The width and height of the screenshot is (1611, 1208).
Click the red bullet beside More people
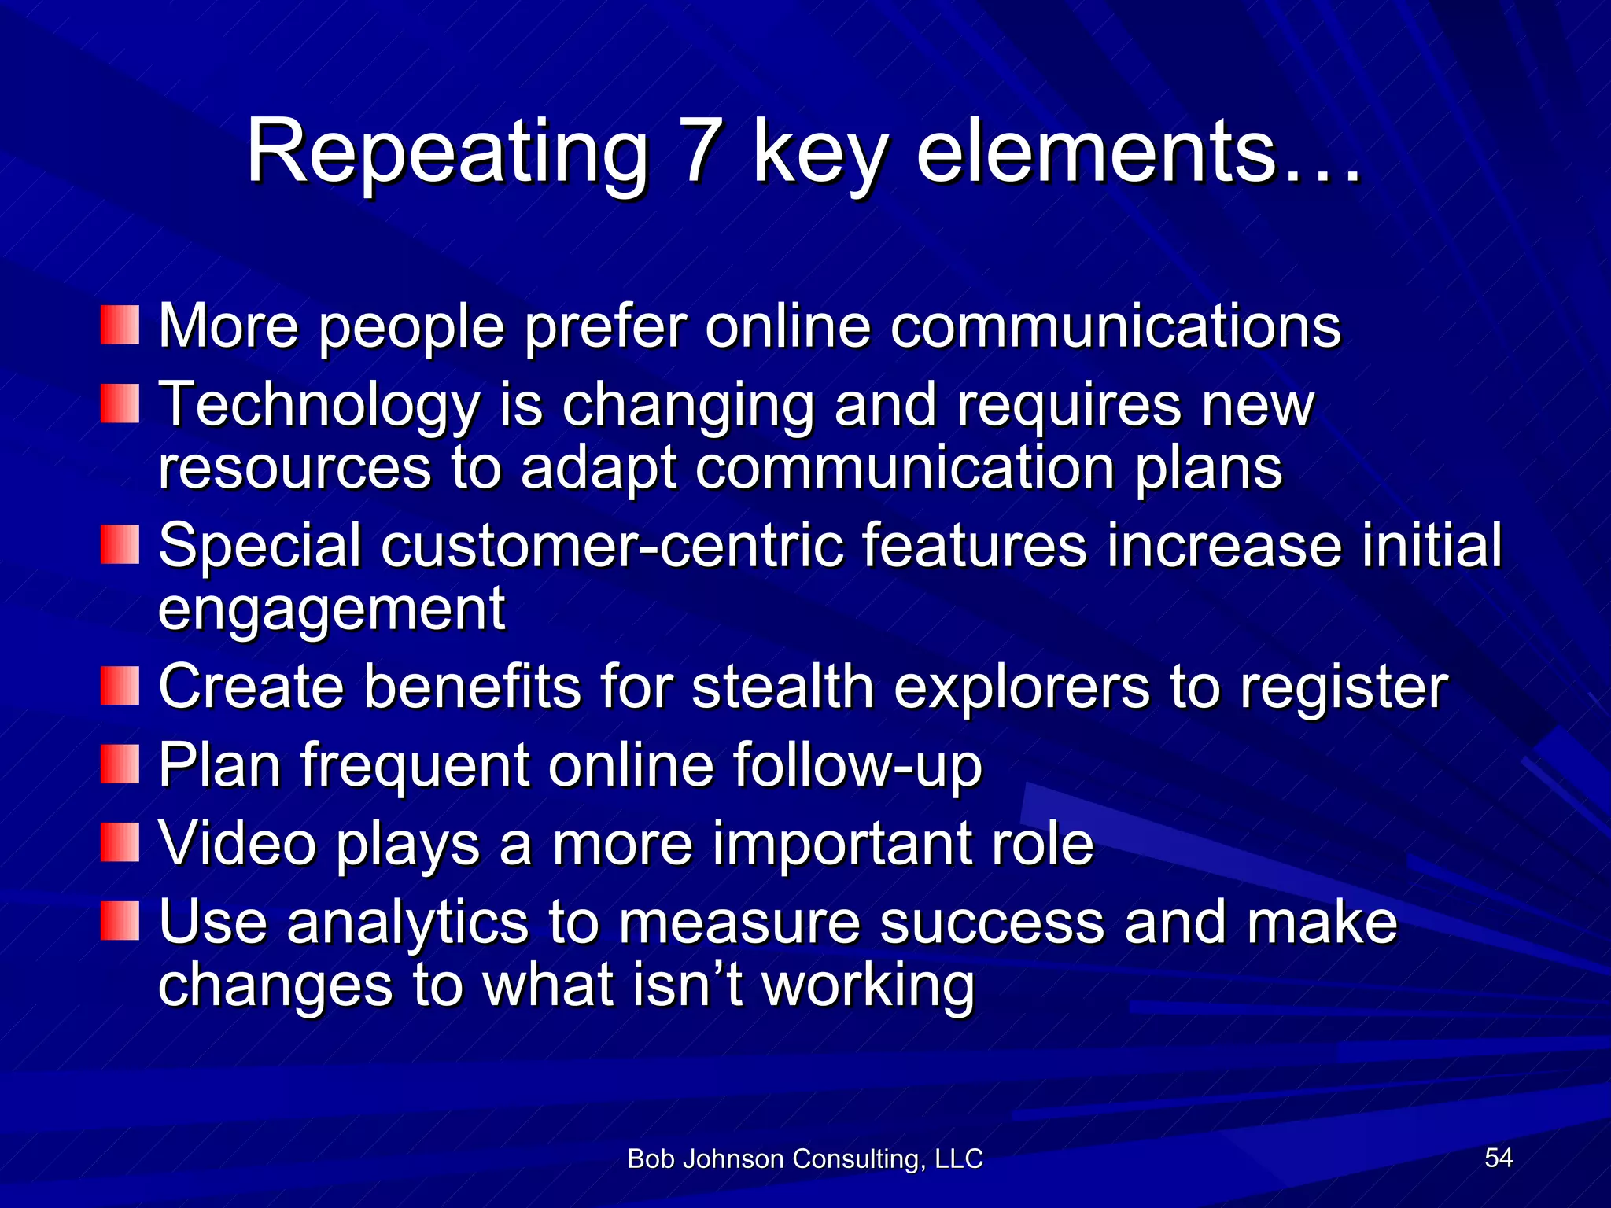120,325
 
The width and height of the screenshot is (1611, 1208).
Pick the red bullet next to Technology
120,403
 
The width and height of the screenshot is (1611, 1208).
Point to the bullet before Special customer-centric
120,544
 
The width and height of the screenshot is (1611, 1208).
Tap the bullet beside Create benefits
120,686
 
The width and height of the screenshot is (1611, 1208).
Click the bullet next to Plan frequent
120,764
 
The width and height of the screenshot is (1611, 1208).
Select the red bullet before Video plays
120,842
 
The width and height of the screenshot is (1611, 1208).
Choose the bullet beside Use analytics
120,921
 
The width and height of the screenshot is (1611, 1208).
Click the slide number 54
1499,1157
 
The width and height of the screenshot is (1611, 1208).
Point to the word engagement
331,610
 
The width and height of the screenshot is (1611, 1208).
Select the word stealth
782,686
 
